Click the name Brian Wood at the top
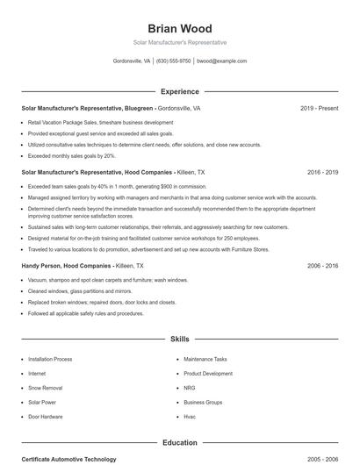pyautogui.click(x=179, y=29)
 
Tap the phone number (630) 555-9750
pyautogui.click(x=173, y=61)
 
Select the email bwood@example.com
pyautogui.click(x=221, y=61)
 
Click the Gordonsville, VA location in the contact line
pyautogui.click(x=132, y=61)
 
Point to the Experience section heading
pyautogui.click(x=179, y=91)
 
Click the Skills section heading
pyautogui.click(x=179, y=338)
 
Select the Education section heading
pyautogui.click(x=179, y=443)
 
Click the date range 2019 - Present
pyautogui.click(x=319, y=109)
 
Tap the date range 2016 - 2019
pyautogui.click(x=322, y=173)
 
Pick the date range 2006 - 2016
pyautogui.click(x=322, y=265)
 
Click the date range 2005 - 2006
pyautogui.click(x=322, y=459)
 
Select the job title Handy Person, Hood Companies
pyautogui.click(x=67, y=265)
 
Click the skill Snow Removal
pyautogui.click(x=46, y=387)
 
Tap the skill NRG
pyautogui.click(x=189, y=387)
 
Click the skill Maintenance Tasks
pyautogui.click(x=205, y=359)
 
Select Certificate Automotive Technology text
pyautogui.click(x=68, y=459)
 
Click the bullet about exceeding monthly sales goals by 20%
pyautogui.click(x=72, y=155)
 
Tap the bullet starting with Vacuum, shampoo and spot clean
pyautogui.click(x=107, y=280)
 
